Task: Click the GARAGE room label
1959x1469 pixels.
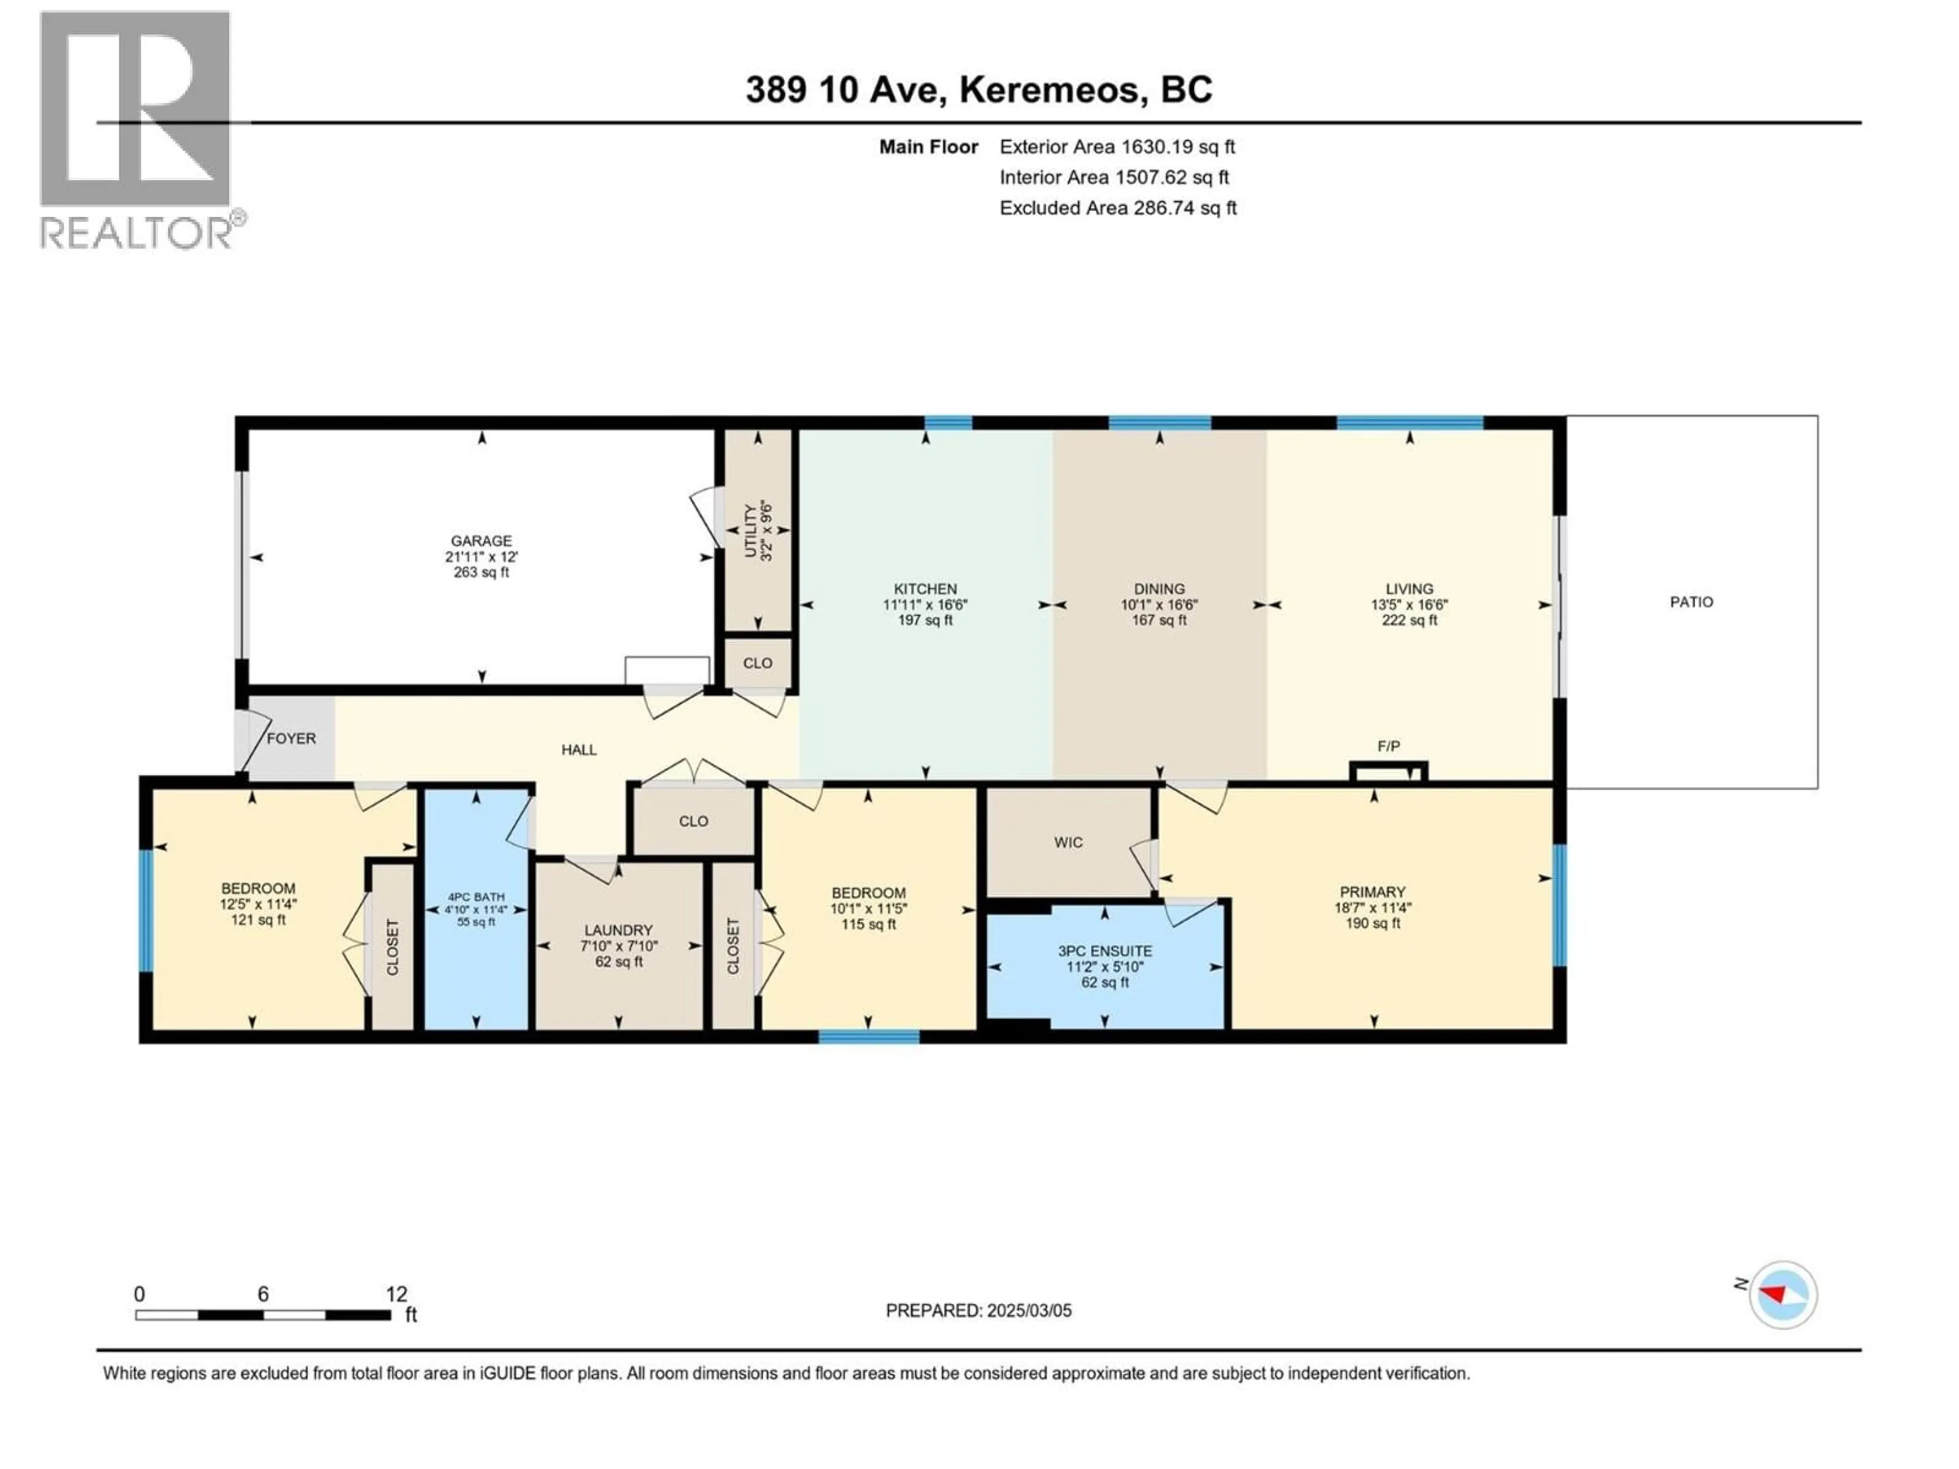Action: tap(481, 540)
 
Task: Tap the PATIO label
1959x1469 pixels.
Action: tap(1691, 602)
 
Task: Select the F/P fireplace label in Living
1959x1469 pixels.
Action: tap(1388, 746)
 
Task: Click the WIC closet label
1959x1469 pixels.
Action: tap(1068, 842)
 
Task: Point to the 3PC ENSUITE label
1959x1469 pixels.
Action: tap(1104, 951)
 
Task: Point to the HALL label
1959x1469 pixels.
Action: tap(579, 750)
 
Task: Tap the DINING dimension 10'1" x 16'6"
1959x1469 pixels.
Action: tap(1159, 605)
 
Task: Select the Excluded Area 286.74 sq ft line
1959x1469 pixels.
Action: tap(1118, 208)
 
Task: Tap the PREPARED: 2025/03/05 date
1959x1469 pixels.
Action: tap(978, 1310)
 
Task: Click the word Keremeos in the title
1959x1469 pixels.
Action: tap(1048, 89)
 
